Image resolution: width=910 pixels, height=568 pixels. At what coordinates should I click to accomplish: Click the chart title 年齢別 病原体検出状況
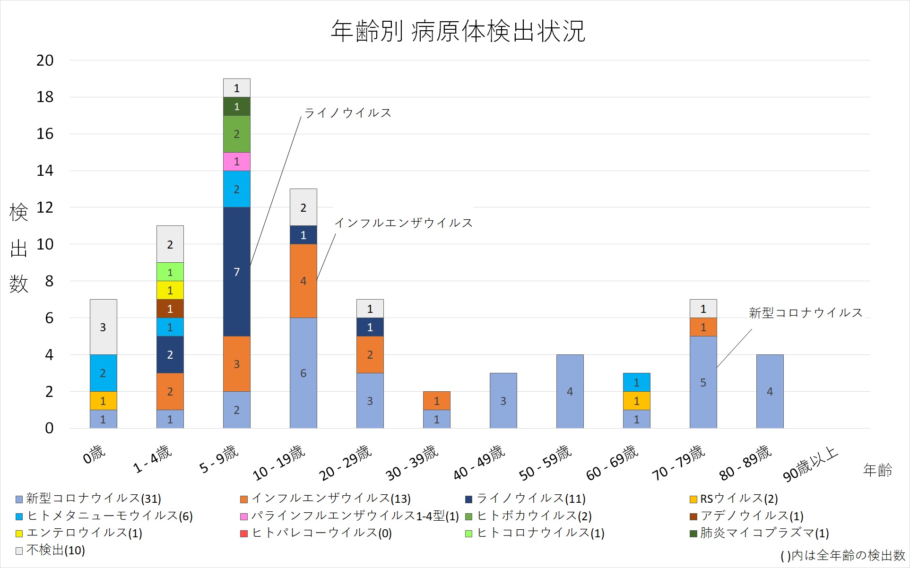[x=458, y=31]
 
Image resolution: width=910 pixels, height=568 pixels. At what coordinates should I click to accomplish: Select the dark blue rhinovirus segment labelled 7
[x=237, y=272]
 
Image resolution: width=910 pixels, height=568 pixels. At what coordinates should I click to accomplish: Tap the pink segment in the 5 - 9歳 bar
[x=237, y=162]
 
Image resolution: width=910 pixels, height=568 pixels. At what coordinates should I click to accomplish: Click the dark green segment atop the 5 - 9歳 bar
[x=237, y=107]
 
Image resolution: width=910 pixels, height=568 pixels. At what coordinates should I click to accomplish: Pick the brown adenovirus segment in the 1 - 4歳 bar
[x=170, y=309]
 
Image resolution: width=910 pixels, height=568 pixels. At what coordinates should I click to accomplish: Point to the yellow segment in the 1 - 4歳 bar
[x=170, y=290]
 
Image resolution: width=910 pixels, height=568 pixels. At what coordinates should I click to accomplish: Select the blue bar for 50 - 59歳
[x=570, y=391]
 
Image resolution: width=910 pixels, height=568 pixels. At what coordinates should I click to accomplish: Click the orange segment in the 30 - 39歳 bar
[x=436, y=401]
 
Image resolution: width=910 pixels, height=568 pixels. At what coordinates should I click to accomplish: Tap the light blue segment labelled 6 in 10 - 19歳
[x=303, y=373]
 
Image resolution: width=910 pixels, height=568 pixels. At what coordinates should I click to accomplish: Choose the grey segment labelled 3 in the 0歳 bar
[x=103, y=327]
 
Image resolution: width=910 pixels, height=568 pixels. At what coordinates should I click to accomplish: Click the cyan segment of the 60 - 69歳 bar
[x=636, y=382]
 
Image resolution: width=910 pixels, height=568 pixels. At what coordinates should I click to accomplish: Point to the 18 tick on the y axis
[x=45, y=97]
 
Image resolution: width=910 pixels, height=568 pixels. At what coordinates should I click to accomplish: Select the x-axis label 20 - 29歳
[x=345, y=463]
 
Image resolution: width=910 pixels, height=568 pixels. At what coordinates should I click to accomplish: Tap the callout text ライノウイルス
[x=348, y=113]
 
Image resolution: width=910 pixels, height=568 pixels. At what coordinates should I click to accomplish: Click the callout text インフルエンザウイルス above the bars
[x=404, y=223]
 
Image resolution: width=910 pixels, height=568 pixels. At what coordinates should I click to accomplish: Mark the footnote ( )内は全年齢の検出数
[x=842, y=556]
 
